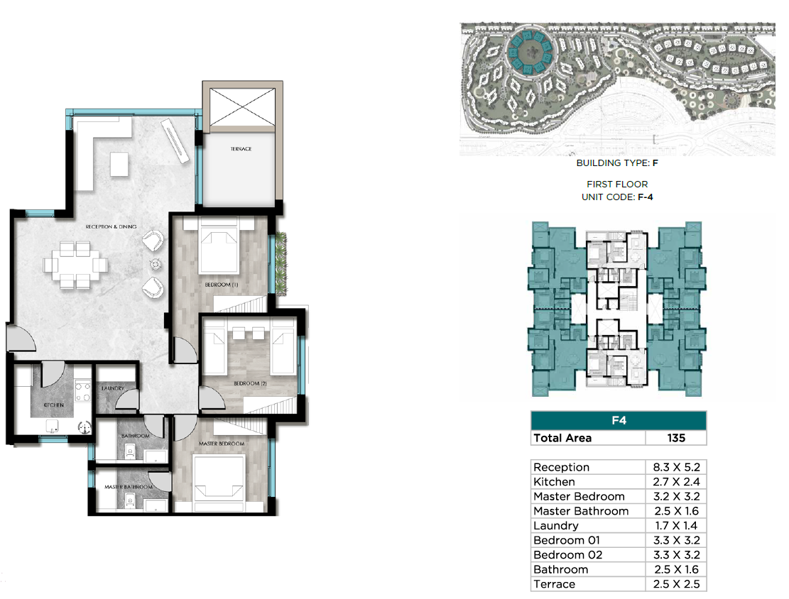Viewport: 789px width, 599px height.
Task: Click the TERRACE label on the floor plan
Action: tap(241, 149)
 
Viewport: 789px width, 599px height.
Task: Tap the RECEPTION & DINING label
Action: tap(111, 227)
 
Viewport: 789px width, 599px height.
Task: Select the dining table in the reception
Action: tap(75, 265)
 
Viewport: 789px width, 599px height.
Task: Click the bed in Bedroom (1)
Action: tap(219, 246)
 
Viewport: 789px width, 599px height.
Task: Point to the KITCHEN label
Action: tap(54, 405)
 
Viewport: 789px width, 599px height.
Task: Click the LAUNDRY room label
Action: tap(113, 388)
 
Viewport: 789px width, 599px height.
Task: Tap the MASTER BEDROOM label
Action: tap(222, 444)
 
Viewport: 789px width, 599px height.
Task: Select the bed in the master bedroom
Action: tap(219, 478)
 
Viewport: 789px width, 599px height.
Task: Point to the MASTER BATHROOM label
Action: tap(129, 487)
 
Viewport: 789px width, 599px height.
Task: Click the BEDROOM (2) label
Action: tap(250, 383)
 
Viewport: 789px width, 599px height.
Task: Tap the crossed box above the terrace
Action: tap(243, 106)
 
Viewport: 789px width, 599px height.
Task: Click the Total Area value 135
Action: tap(676, 438)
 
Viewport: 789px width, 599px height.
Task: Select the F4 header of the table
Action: tap(619, 420)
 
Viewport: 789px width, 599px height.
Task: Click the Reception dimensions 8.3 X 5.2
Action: tap(676, 467)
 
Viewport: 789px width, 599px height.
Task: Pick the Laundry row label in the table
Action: tap(556, 526)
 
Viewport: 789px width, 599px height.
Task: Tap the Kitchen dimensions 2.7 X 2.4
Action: tap(676, 482)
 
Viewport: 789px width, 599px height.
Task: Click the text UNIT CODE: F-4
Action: tap(617, 197)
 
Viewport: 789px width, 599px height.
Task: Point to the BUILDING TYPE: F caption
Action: tap(617, 163)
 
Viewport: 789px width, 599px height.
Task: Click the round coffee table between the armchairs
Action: tap(156, 264)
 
